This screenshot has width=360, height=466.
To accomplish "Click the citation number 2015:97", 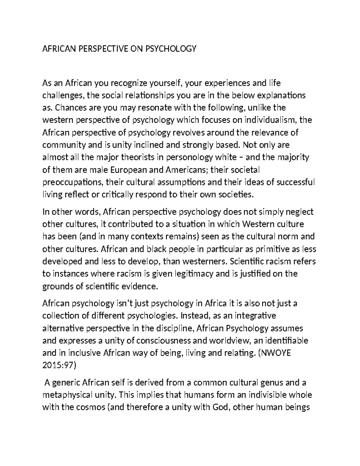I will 58,365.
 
